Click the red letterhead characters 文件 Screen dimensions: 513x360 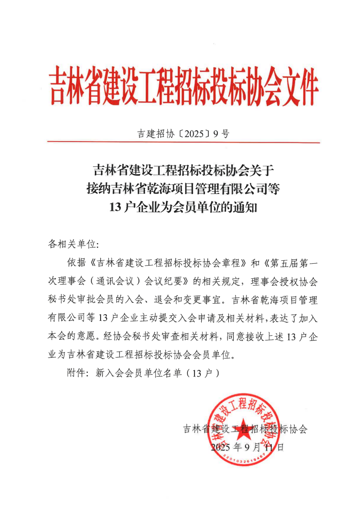295,87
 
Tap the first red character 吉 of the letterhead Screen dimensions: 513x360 59,87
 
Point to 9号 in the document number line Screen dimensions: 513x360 221,133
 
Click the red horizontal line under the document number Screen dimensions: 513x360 184,142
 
